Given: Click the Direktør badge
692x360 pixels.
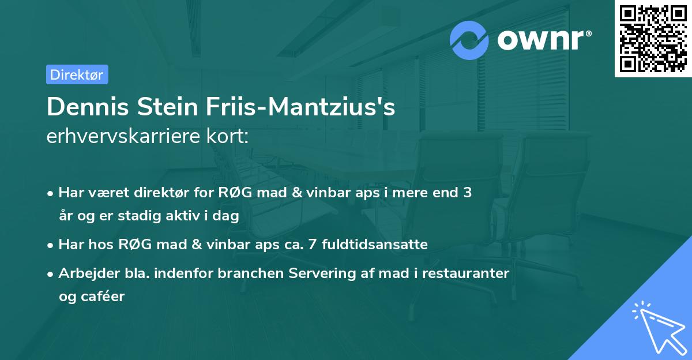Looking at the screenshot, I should pos(77,74).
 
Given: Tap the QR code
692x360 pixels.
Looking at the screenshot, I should pos(653,38).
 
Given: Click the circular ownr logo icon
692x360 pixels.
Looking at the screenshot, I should pos(469,40).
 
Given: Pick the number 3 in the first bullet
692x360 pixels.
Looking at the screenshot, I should pos(468,193).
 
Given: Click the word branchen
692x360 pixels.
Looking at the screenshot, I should pos(242,273).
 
